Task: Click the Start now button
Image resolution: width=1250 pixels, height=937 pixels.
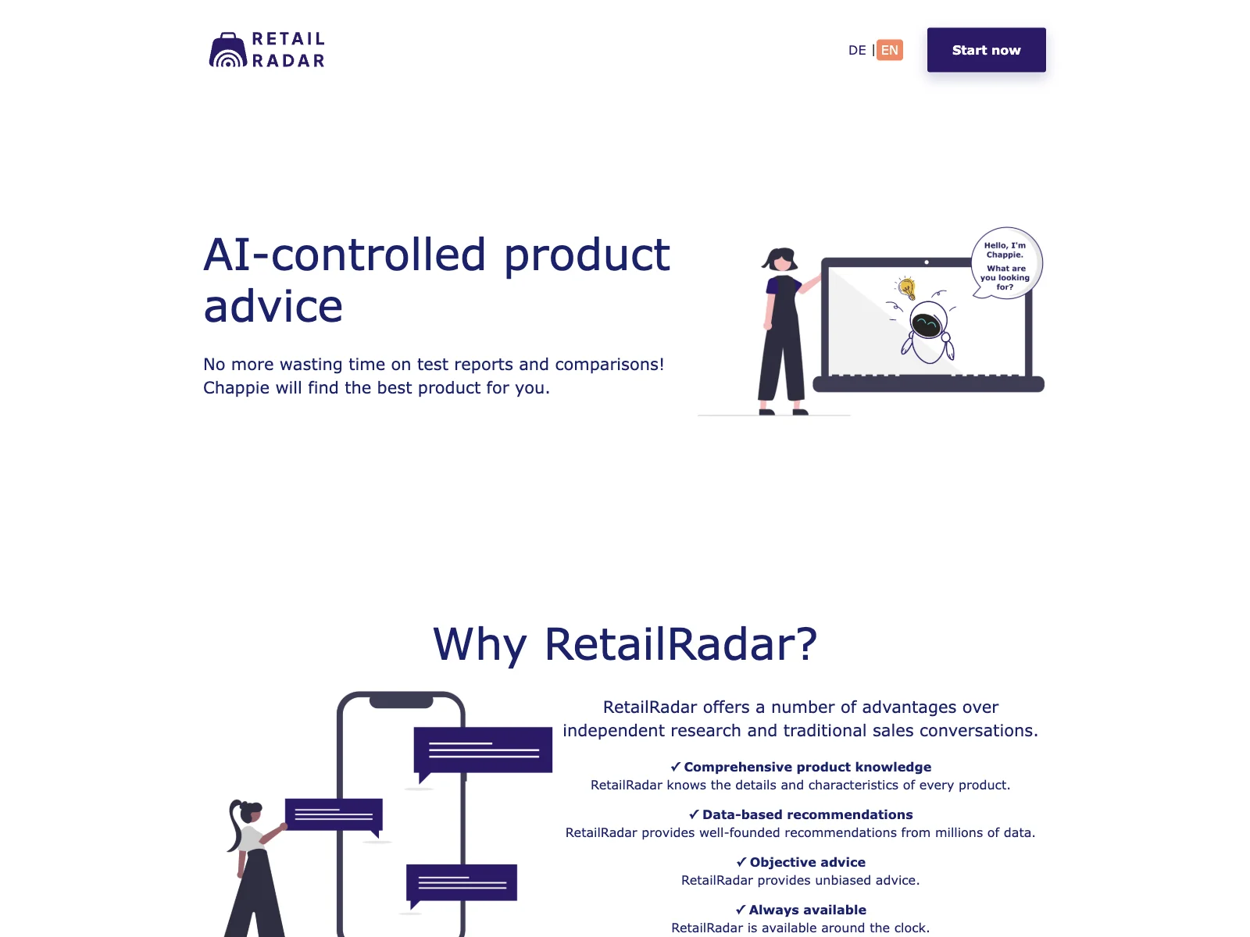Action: point(986,50)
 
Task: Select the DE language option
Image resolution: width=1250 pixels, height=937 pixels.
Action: point(856,50)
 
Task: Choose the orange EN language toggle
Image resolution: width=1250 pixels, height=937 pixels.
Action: point(889,50)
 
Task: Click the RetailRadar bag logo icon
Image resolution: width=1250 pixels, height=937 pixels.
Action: point(228,50)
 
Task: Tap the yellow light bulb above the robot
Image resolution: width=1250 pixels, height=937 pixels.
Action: point(906,288)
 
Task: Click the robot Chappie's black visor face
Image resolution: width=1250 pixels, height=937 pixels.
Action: point(927,326)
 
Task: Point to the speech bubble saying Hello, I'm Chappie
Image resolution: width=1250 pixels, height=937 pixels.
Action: point(1005,263)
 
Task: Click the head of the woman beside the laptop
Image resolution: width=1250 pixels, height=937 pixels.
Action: point(780,259)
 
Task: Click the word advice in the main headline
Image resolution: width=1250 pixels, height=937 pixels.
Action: point(273,306)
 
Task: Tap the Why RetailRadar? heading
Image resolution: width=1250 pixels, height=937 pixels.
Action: point(625,644)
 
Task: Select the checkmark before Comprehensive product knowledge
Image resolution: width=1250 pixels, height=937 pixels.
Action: point(676,767)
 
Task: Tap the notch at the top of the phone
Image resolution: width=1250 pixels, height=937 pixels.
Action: point(401,702)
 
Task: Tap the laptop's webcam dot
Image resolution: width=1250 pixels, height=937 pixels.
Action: point(927,262)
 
